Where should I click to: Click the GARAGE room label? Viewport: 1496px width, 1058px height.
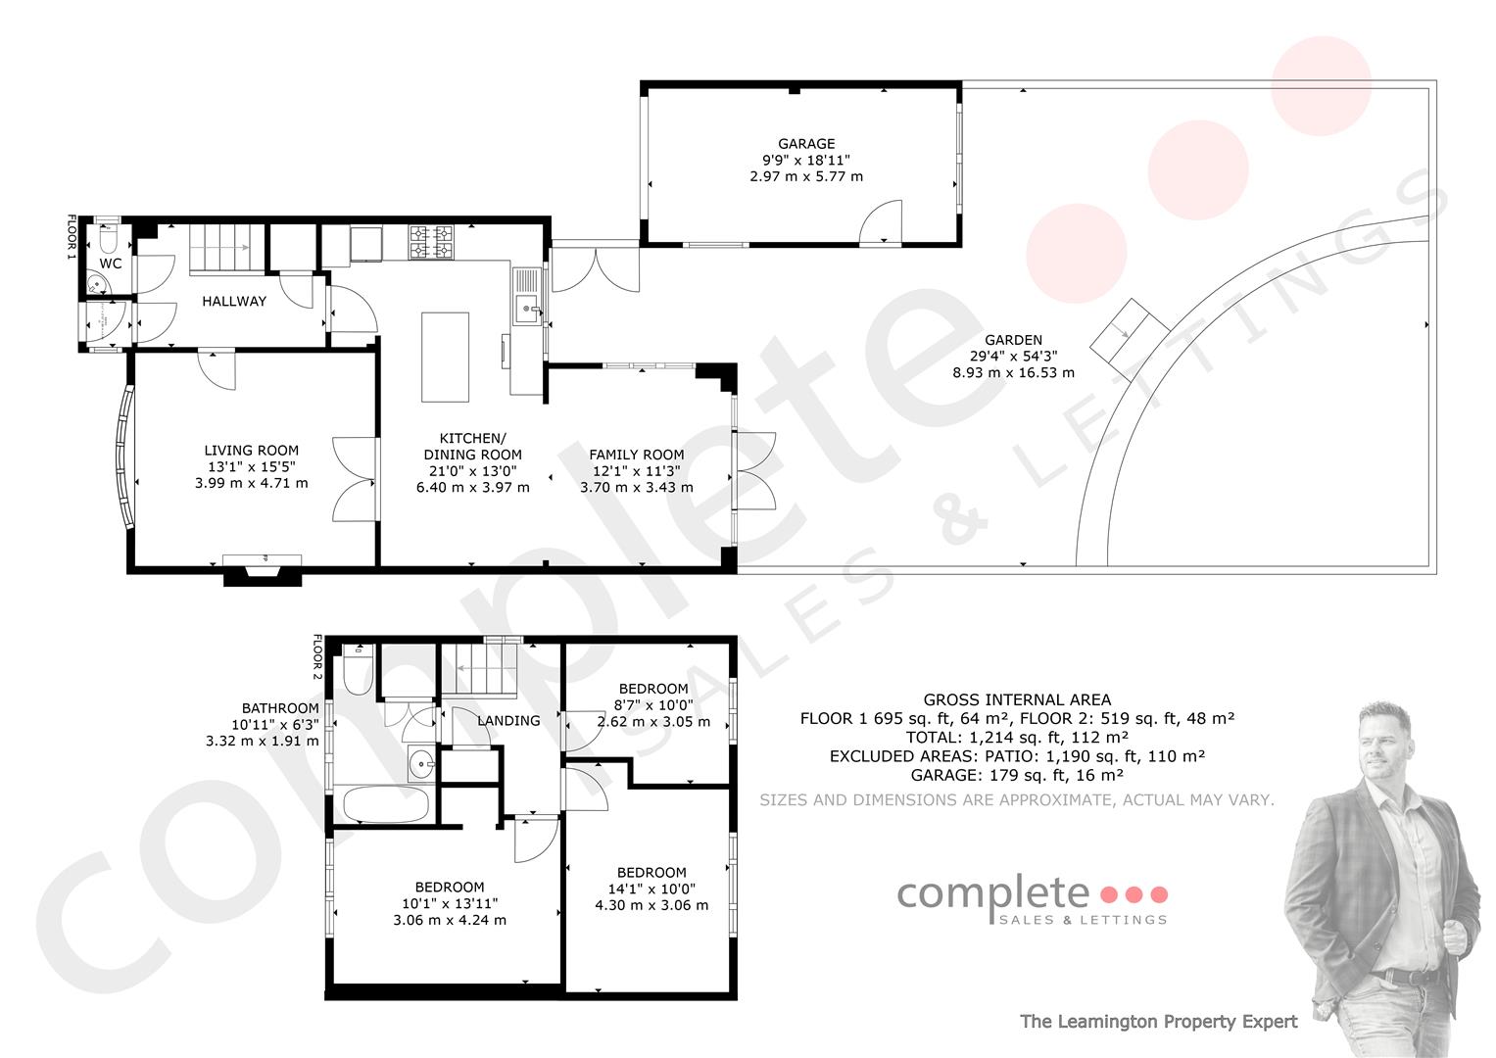[x=806, y=144]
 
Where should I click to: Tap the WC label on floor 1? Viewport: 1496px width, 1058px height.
[x=110, y=264]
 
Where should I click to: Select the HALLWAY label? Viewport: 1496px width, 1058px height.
[x=234, y=302]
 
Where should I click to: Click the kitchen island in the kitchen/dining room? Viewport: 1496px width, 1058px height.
[x=445, y=357]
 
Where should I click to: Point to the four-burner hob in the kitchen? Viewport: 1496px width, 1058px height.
[x=431, y=242]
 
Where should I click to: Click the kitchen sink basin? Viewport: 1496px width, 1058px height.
[x=527, y=310]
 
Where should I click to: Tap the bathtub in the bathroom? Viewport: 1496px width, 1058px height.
[x=385, y=803]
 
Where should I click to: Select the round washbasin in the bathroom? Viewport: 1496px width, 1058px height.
[x=421, y=763]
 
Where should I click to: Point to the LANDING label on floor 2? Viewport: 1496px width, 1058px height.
[x=508, y=721]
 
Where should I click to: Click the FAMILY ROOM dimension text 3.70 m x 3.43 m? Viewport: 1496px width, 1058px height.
[x=637, y=488]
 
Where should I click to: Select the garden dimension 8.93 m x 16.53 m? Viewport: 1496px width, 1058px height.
[x=1013, y=372]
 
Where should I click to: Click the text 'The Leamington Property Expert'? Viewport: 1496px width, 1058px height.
[x=1159, y=1021]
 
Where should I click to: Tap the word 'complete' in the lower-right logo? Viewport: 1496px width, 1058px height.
[x=993, y=895]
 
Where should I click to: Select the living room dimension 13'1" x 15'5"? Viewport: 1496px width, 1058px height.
[x=251, y=467]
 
